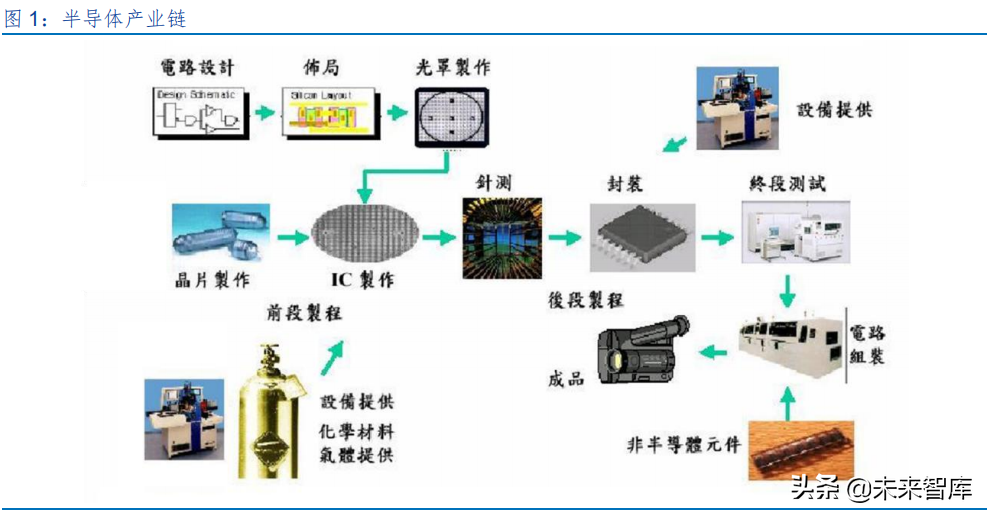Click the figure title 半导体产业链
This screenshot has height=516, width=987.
coord(124,19)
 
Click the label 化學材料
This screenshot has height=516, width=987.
coord(358,429)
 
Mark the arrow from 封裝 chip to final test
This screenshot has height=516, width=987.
coord(714,238)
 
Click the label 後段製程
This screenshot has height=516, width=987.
coord(586,300)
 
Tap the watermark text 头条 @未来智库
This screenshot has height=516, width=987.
coord(881,490)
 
